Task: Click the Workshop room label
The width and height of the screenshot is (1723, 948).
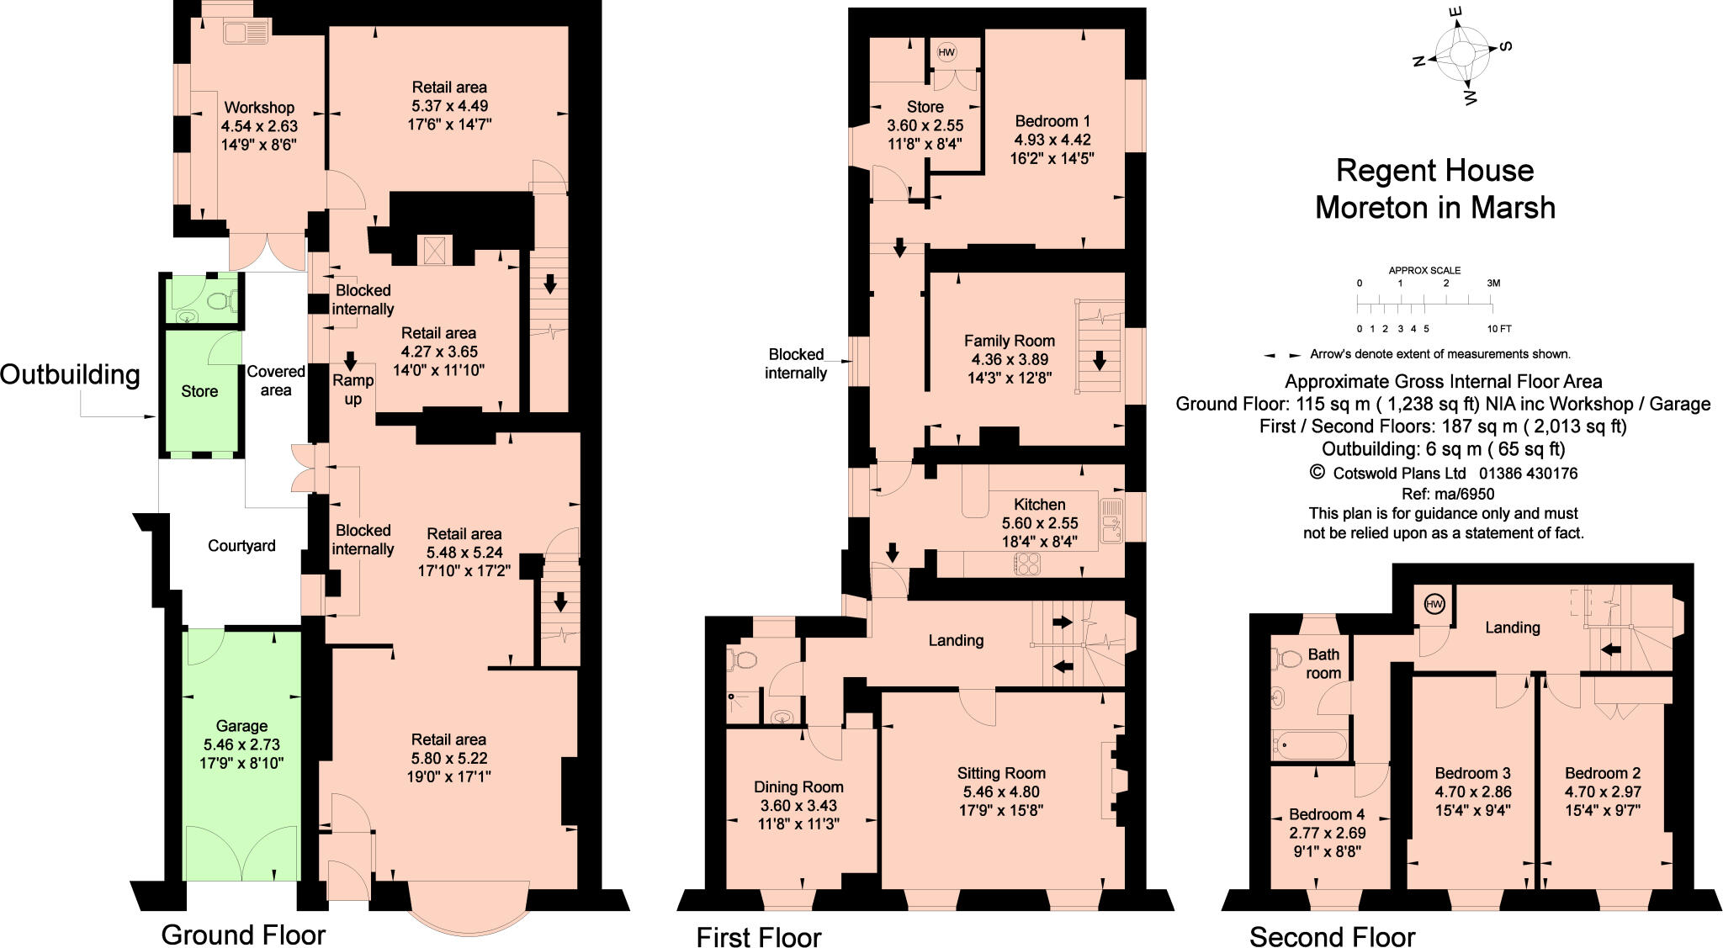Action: pyautogui.click(x=259, y=108)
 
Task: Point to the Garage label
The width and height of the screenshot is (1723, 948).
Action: pyautogui.click(x=241, y=726)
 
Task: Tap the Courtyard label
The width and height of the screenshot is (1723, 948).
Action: pyautogui.click(x=241, y=546)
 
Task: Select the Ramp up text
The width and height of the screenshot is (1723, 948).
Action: pyautogui.click(x=353, y=389)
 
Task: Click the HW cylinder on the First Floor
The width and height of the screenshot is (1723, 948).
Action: pyautogui.click(x=946, y=52)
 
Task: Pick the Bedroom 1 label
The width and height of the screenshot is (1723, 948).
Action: pyautogui.click(x=1052, y=120)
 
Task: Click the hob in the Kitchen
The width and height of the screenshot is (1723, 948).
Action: pyautogui.click(x=1027, y=564)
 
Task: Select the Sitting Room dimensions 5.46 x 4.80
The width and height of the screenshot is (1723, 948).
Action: pyautogui.click(x=1001, y=792)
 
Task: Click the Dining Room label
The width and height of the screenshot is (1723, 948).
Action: pyautogui.click(x=798, y=787)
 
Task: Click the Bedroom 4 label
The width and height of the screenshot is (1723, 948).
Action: pyautogui.click(x=1327, y=814)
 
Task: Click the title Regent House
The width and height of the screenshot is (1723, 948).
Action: pyautogui.click(x=1434, y=171)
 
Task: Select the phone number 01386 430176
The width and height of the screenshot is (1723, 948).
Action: pyautogui.click(x=1529, y=474)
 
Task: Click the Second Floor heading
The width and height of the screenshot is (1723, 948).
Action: pyautogui.click(x=1332, y=936)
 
